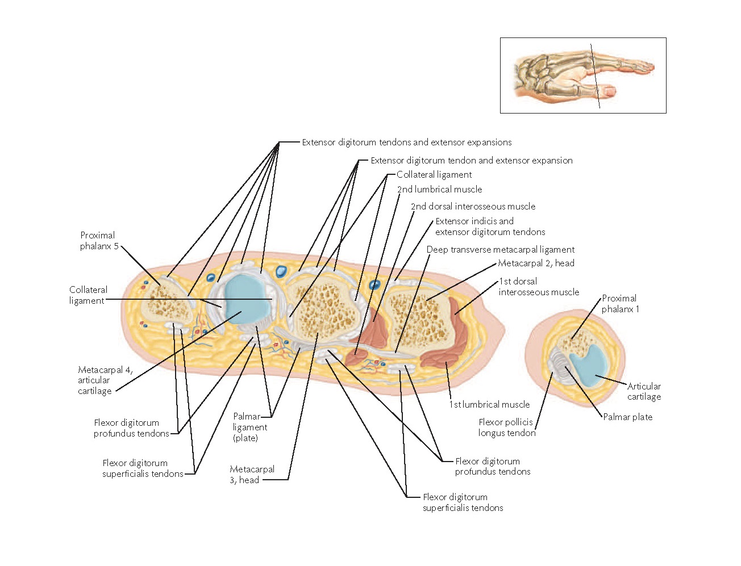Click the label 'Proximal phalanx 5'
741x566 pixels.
[x=97, y=241]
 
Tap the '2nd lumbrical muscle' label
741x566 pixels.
[x=439, y=190]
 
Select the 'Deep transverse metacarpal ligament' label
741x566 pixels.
[x=500, y=250]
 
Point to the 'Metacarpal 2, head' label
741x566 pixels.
[x=536, y=263]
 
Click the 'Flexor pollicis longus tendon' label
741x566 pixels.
[x=506, y=427]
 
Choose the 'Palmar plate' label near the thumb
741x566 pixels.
[x=627, y=417]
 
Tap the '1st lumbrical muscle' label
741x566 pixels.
[x=489, y=405]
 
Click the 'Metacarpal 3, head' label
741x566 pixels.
[x=252, y=475]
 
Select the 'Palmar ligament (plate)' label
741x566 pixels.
[x=249, y=427]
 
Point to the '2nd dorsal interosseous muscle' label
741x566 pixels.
[x=473, y=207]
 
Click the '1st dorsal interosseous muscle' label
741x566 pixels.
[x=538, y=287]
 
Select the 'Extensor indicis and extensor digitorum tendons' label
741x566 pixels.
[x=490, y=227]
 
